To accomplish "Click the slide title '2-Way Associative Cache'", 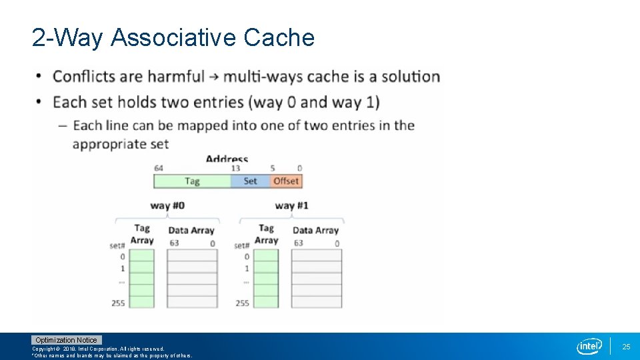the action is pos(173,38).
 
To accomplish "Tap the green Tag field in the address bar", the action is pos(192,181).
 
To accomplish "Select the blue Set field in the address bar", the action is pos(250,181).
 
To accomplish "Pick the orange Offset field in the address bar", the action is pos(285,181).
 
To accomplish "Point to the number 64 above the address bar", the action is pos(159,168).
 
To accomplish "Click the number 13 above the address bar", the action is pos(235,168).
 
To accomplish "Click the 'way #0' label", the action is pos(167,205).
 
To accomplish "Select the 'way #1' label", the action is pos(291,205).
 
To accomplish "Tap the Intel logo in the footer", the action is pos(589,346).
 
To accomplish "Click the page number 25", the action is pos(626,347).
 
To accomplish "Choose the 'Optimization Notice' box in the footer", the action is pos(66,340).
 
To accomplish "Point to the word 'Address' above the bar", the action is pos(227,159).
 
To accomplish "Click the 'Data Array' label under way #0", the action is pos(191,231).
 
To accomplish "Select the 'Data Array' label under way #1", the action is pos(315,231).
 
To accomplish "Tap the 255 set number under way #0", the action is pos(118,303).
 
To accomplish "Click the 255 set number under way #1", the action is pos(242,303).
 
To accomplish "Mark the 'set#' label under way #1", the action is pos(241,246).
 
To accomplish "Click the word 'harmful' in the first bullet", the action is pos(175,77).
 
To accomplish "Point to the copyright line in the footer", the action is pos(98,349).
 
